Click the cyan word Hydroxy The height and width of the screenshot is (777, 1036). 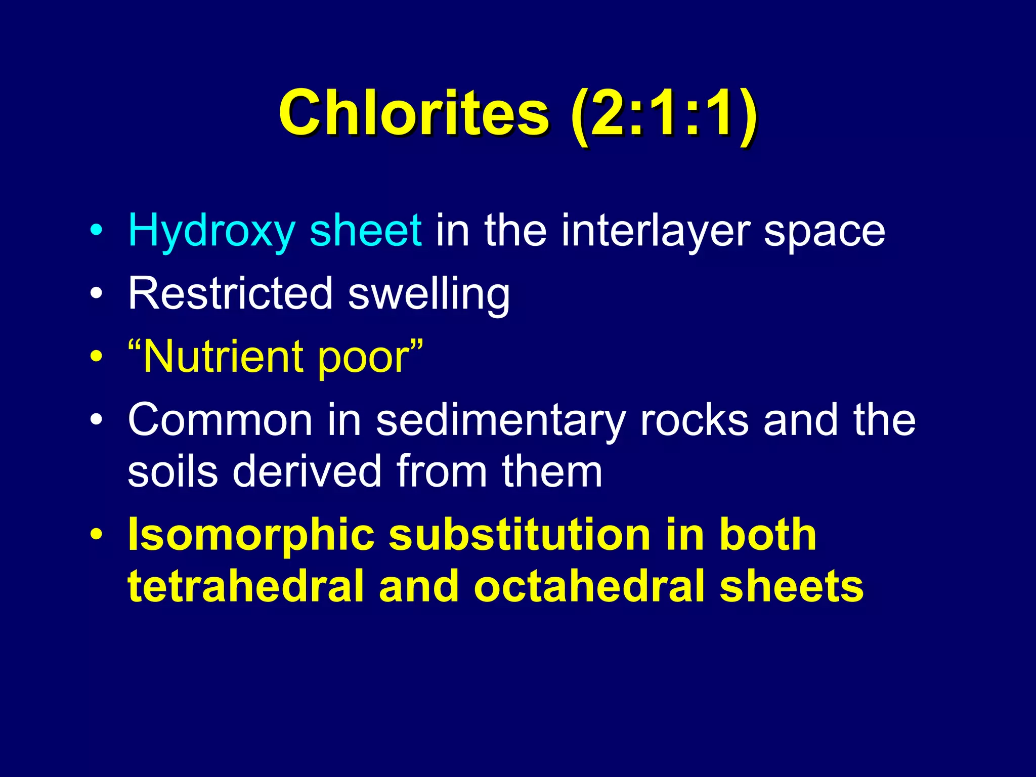(211, 232)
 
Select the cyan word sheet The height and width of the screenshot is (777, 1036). (365, 231)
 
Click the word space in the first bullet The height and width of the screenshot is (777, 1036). (825, 233)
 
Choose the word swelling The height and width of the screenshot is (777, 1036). (429, 295)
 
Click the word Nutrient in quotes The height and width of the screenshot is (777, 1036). (223, 357)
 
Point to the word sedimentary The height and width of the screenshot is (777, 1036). (501, 421)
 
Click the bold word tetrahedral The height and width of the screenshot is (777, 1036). (246, 587)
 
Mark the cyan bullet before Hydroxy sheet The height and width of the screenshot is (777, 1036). (96, 231)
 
